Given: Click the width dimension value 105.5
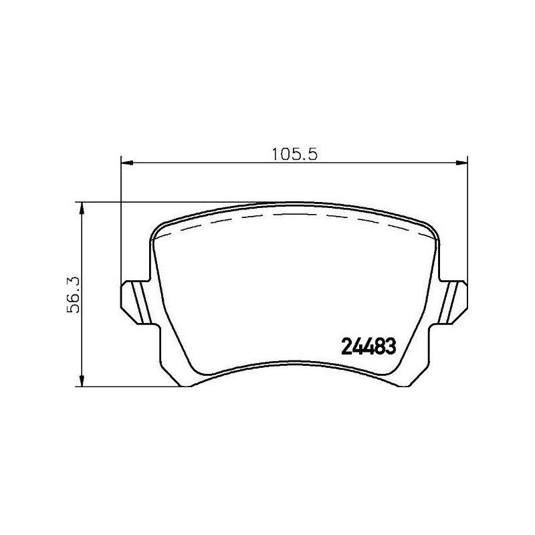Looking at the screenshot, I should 293,153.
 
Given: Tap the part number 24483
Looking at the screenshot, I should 370,346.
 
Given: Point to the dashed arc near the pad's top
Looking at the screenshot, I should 294,215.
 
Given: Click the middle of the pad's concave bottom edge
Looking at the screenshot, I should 294,366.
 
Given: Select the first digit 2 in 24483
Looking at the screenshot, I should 348,346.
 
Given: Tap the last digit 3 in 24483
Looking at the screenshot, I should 393,346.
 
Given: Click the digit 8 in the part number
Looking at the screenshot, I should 381,346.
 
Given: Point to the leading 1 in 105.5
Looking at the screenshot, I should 275,153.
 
